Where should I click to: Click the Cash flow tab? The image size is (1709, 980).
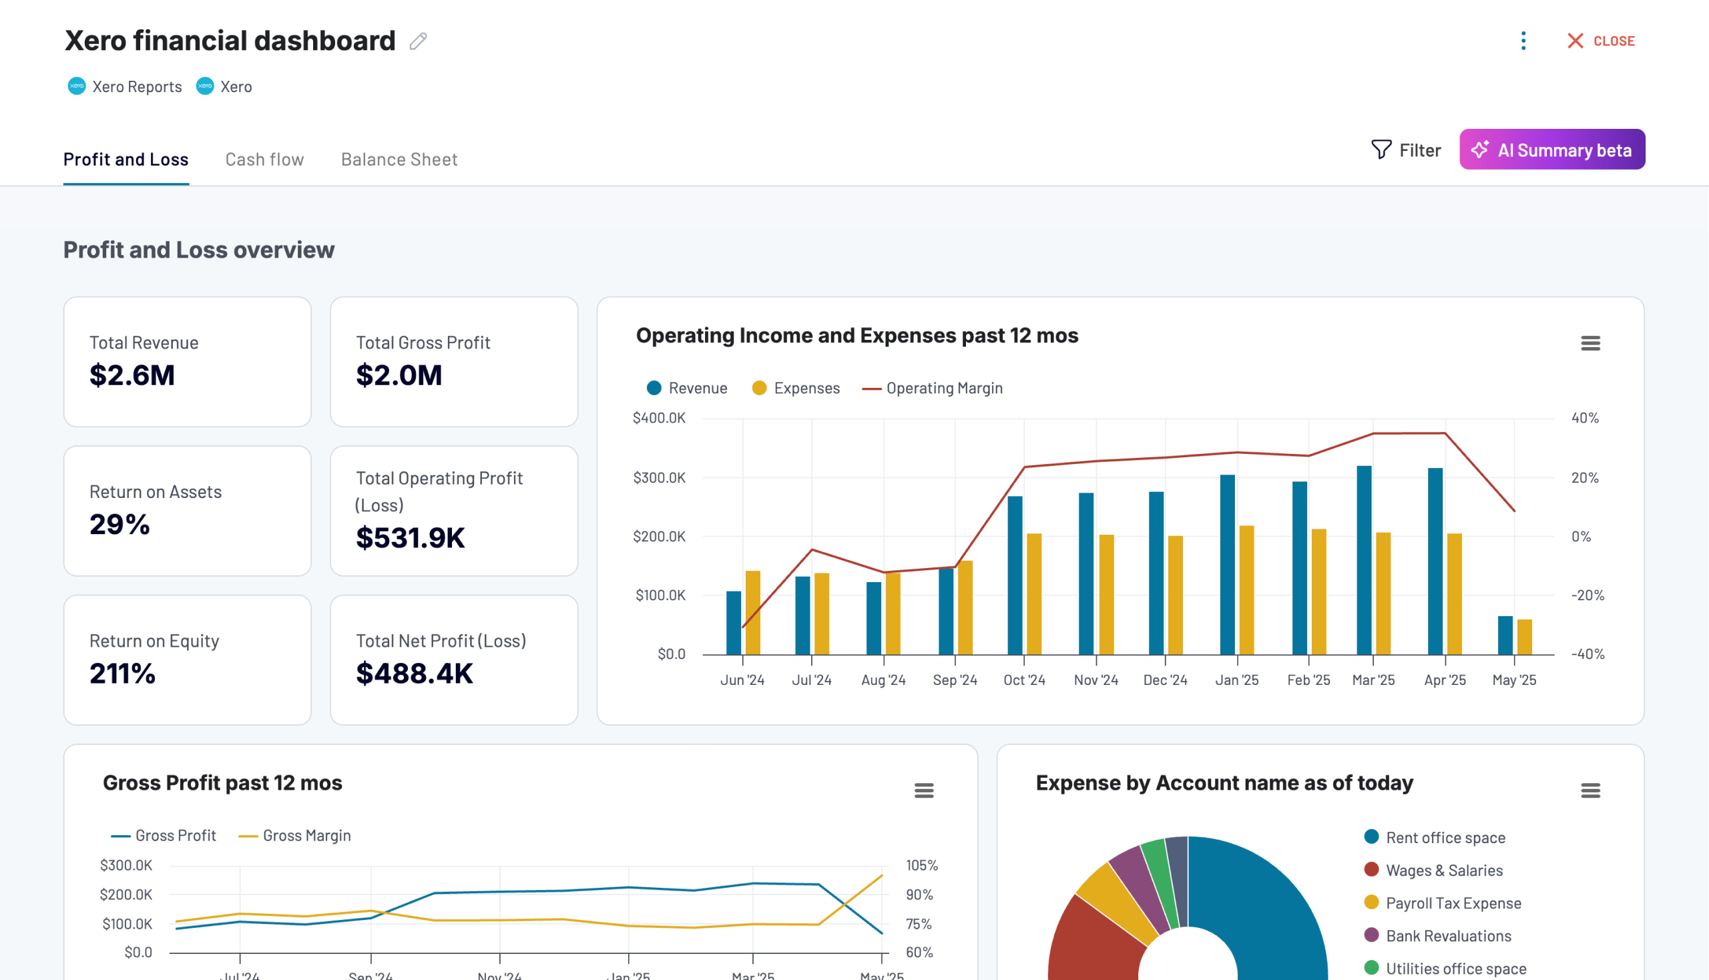click(x=264, y=160)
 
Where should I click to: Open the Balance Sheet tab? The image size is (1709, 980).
click(x=399, y=160)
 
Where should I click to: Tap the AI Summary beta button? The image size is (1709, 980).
click(x=1551, y=150)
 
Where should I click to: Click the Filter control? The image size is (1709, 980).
click(x=1406, y=150)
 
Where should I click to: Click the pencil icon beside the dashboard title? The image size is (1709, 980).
click(x=418, y=41)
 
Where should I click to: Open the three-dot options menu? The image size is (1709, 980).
click(x=1523, y=41)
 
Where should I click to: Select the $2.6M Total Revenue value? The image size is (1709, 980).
click(x=132, y=375)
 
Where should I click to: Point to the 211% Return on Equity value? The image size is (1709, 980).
click(x=123, y=673)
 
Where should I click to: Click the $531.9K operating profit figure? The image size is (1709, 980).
click(x=410, y=537)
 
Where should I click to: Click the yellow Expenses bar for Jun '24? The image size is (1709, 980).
click(x=752, y=613)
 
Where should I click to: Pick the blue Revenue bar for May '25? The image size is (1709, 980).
click(x=1504, y=635)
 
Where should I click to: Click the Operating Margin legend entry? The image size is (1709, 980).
click(x=933, y=389)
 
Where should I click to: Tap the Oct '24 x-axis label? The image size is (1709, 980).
click(x=1024, y=680)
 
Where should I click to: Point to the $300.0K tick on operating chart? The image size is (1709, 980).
click(x=659, y=477)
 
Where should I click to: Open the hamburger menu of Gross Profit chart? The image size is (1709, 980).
click(x=923, y=790)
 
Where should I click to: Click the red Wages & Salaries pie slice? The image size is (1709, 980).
click(x=1090, y=943)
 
